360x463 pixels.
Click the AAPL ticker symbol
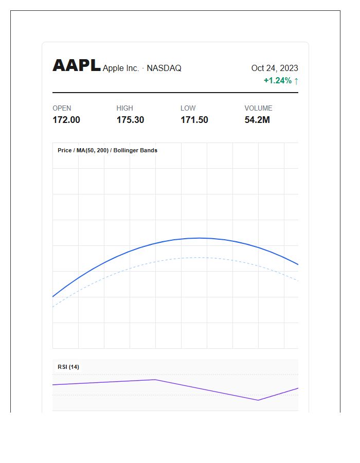[77, 65]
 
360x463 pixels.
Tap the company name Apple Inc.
[121, 68]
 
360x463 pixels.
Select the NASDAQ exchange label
[164, 68]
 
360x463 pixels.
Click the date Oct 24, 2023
[275, 68]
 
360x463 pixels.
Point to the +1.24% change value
[278, 80]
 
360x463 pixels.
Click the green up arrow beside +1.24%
[296, 81]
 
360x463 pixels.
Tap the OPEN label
[62, 108]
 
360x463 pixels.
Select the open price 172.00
[66, 120]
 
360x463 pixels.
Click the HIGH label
[124, 108]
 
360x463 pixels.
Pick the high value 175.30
[130, 120]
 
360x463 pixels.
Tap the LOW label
[188, 108]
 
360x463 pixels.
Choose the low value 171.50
[194, 120]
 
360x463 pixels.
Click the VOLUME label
[258, 108]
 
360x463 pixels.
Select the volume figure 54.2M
[257, 120]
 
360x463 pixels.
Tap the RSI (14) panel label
[68, 367]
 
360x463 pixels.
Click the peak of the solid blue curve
[199, 238]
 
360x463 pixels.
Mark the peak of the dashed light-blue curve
[199, 258]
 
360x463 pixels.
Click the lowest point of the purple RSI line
[258, 400]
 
